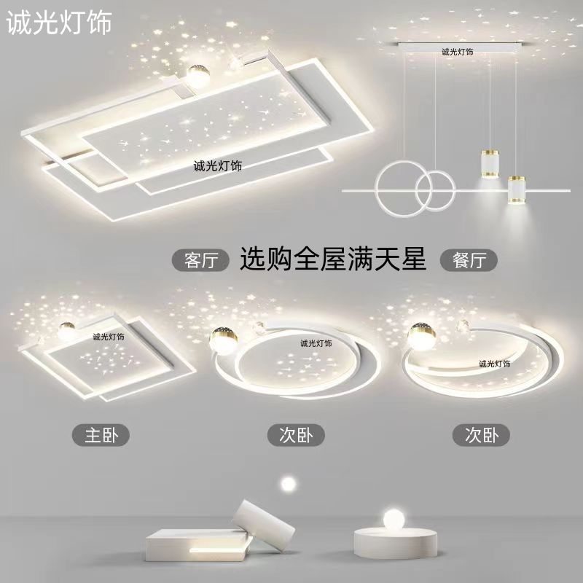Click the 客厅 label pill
[200, 260]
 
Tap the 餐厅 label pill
[469, 260]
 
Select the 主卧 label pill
[101, 435]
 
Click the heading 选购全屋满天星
[333, 259]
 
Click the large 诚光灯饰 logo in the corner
[59, 23]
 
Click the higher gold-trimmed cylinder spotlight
[490, 163]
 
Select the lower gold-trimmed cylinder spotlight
[517, 189]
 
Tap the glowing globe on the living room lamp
[198, 76]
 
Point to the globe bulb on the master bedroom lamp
[66, 330]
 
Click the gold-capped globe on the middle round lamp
[223, 340]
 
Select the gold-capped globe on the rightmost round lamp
[422, 337]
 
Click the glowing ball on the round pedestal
[394, 519]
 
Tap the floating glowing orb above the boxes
[288, 484]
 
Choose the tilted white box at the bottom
[264, 525]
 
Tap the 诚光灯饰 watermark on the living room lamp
[217, 166]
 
